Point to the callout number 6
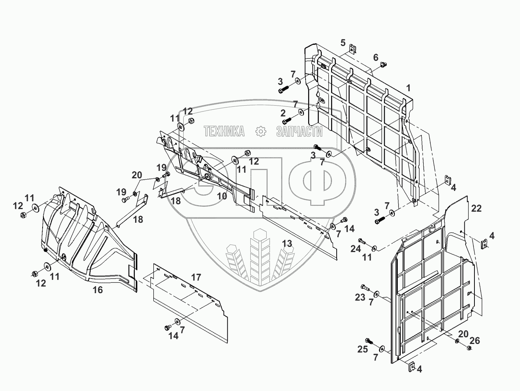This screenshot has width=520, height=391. click(376, 57)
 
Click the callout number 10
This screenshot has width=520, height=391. click(222, 196)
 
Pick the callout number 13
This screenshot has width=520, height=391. click(287, 243)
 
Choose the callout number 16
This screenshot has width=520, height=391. click(97, 290)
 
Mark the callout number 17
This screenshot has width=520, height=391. click(196, 277)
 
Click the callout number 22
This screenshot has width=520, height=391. click(476, 208)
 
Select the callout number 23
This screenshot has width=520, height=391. click(360, 297)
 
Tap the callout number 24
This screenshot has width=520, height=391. click(356, 249)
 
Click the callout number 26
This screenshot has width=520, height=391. click(474, 341)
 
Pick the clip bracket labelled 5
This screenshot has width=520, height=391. click(353, 49)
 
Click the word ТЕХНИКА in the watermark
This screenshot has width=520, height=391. click(224, 131)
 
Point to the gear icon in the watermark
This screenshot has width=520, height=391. click(261, 131)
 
